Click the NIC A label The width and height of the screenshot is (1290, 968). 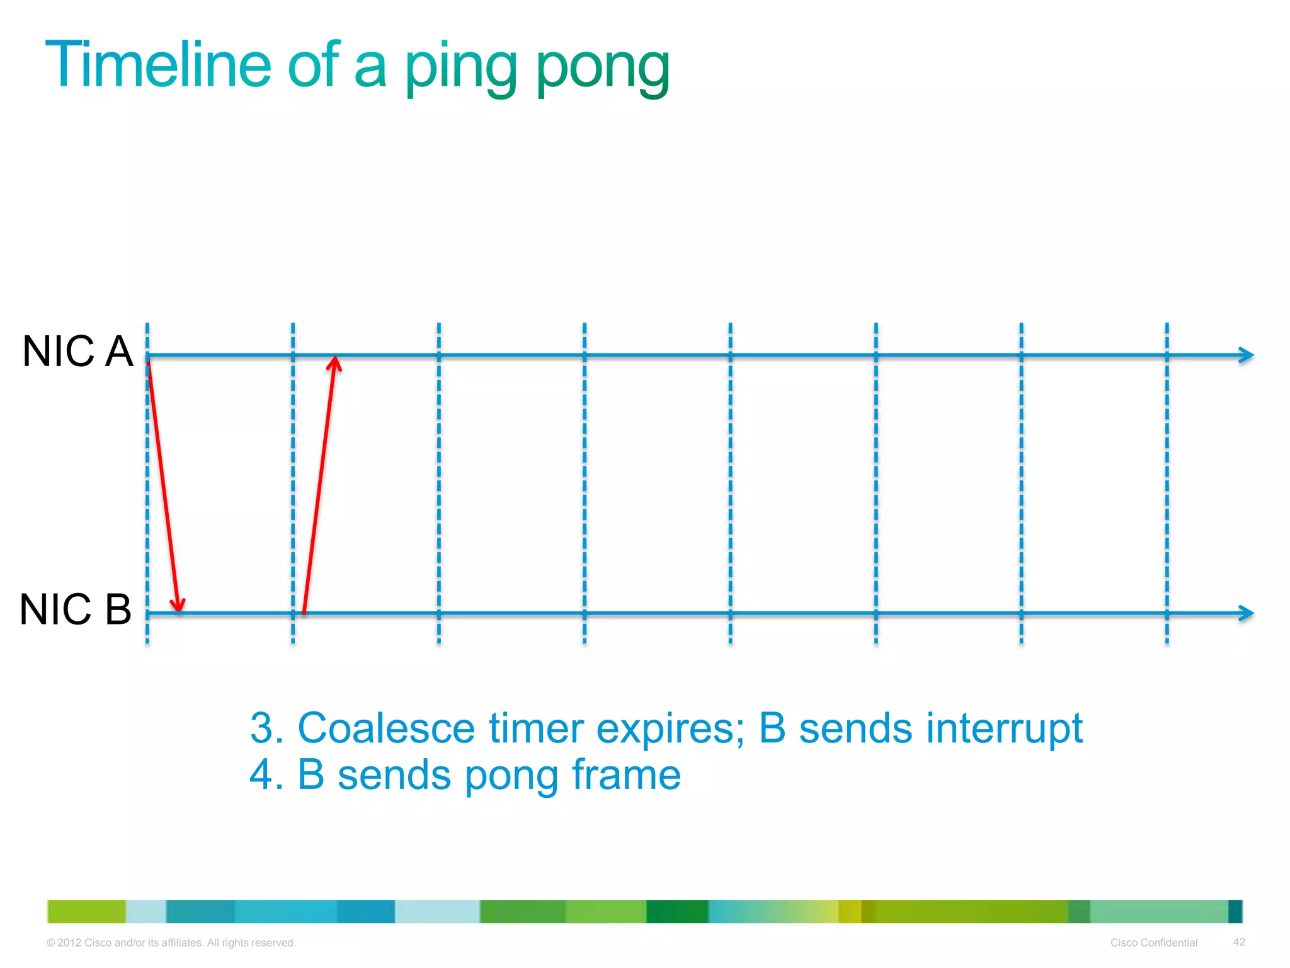tap(77, 351)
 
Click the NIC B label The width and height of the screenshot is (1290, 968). tap(76, 609)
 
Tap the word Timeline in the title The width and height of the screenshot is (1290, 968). tap(158, 65)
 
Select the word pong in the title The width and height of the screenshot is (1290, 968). tap(603, 68)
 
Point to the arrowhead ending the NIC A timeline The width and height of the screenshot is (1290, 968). tap(1247, 355)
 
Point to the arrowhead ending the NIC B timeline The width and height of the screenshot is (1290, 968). tap(1247, 613)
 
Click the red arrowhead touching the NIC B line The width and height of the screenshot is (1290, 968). tap(179, 606)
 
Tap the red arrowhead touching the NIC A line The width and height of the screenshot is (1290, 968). tap(334, 364)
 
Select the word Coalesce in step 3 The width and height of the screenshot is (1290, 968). tap(385, 729)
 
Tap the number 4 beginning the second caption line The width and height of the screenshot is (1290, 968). tap(261, 775)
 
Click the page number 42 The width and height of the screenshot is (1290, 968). tap(1239, 942)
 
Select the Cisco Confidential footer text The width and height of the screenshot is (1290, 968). tap(1153, 943)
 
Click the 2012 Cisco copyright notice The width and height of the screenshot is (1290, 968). tap(171, 943)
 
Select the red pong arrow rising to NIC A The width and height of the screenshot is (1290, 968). tap(319, 485)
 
